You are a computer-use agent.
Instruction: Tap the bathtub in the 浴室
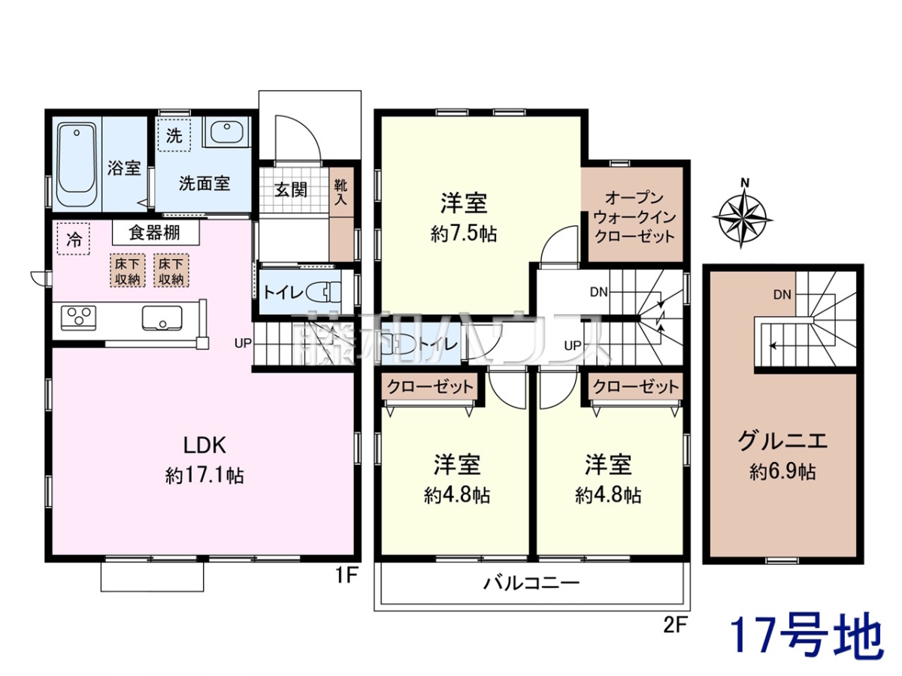coord(77,164)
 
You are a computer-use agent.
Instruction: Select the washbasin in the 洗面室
coord(225,131)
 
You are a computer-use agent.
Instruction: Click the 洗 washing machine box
coord(174,135)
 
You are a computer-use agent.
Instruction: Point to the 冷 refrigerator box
coord(74,239)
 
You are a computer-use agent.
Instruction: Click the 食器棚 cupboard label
coord(156,233)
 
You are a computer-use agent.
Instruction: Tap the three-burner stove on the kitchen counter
coord(78,318)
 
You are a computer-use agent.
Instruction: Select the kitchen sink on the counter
coord(162,318)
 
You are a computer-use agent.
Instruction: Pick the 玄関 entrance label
coord(291,189)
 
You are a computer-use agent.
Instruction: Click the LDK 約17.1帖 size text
coord(204,475)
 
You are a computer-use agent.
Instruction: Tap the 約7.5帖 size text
coord(464,234)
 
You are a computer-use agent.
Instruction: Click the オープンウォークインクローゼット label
coord(635,217)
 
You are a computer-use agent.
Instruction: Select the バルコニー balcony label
coord(531,583)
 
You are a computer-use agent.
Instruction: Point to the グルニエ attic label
coord(782,442)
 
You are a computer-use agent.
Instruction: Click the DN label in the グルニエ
coord(782,294)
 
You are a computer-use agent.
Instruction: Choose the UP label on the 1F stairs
coord(243,343)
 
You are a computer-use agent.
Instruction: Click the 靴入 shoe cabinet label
coord(341,192)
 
